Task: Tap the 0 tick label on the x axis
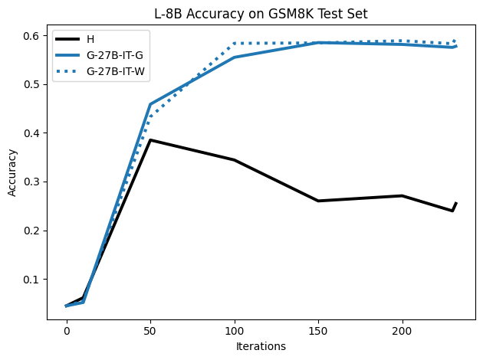[x=67, y=331]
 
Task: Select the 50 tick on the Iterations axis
[x=150, y=331]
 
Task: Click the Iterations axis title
[x=261, y=346]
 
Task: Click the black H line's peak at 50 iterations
[x=150, y=140]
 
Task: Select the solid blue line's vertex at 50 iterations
[x=150, y=104]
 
